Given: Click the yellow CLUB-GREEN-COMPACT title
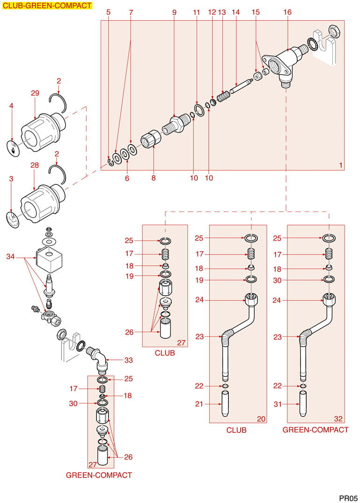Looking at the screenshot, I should pyautogui.click(x=47, y=6).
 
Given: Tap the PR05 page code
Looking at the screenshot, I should pyautogui.click(x=348, y=497).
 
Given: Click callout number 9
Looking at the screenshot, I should pyautogui.click(x=174, y=12).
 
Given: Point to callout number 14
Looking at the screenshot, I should pyautogui.click(x=235, y=12).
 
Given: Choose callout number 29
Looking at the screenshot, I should pyautogui.click(x=35, y=94).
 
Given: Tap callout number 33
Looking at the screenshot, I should pyautogui.click(x=129, y=360).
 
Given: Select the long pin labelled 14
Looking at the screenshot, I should pyautogui.click(x=241, y=87).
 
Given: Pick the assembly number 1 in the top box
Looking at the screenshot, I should pyautogui.click(x=340, y=166).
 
